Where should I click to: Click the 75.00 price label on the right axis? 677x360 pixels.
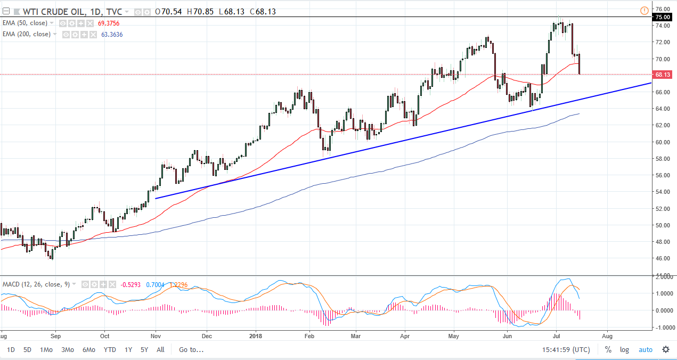(662, 17)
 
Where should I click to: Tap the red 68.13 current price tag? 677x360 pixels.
(662, 75)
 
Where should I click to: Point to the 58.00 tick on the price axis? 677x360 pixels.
(662, 159)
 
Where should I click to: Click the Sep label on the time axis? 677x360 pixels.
(55, 336)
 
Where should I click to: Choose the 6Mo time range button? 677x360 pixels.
(88, 350)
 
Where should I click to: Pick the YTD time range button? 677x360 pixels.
(110, 350)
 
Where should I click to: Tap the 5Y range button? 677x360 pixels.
(144, 350)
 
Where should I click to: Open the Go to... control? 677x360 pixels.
(191, 350)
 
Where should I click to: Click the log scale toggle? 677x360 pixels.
(624, 350)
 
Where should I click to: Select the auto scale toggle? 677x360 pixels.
(645, 350)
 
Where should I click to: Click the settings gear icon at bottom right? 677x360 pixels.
(665, 350)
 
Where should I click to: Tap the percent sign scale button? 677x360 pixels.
(608, 350)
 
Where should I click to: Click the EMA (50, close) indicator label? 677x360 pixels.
(28, 23)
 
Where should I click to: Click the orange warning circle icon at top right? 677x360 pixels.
(644, 10)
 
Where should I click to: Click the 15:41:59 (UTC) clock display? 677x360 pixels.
(565, 350)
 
